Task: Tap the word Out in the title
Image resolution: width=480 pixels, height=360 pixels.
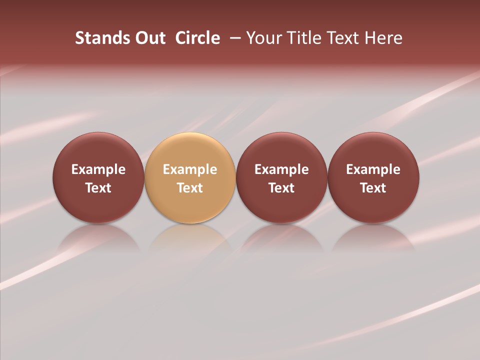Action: click(149, 38)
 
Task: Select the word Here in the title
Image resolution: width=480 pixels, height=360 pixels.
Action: click(384, 38)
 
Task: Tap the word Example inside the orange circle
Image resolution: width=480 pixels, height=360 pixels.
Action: click(190, 169)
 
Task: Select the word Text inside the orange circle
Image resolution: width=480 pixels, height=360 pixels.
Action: click(190, 188)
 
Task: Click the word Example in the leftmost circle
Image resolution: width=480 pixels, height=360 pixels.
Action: click(98, 169)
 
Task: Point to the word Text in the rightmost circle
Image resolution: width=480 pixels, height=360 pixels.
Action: click(373, 188)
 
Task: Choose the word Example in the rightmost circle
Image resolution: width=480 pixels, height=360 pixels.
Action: click(373, 169)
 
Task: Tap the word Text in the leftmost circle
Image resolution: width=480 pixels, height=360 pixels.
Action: click(98, 188)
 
